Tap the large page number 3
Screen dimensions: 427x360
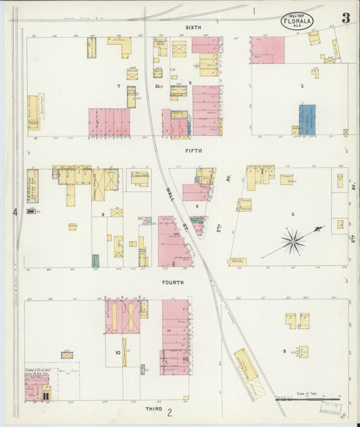pos(346,18)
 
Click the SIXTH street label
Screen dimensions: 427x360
pos(194,28)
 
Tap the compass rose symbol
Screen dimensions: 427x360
pos(292,241)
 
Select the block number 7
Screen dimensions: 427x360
pos(118,86)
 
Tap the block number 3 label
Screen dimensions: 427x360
pos(292,214)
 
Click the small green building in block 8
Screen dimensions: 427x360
pos(95,260)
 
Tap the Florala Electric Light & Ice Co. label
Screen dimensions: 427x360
pos(36,371)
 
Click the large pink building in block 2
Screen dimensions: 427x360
pos(267,51)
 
